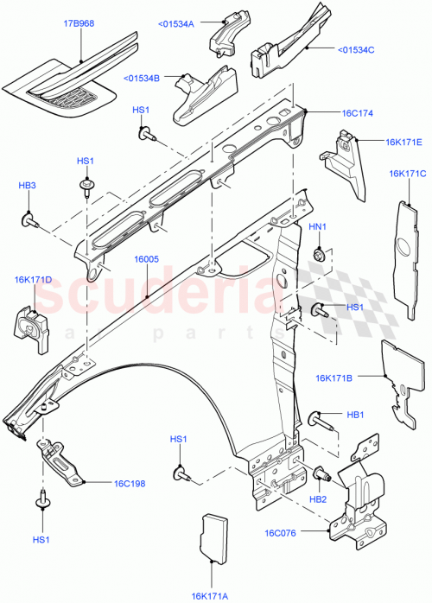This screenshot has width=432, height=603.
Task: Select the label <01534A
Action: (x=177, y=23)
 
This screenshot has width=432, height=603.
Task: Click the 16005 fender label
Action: (x=146, y=257)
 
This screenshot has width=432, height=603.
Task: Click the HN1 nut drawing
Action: (x=319, y=254)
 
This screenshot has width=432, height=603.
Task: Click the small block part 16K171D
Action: (x=31, y=326)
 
